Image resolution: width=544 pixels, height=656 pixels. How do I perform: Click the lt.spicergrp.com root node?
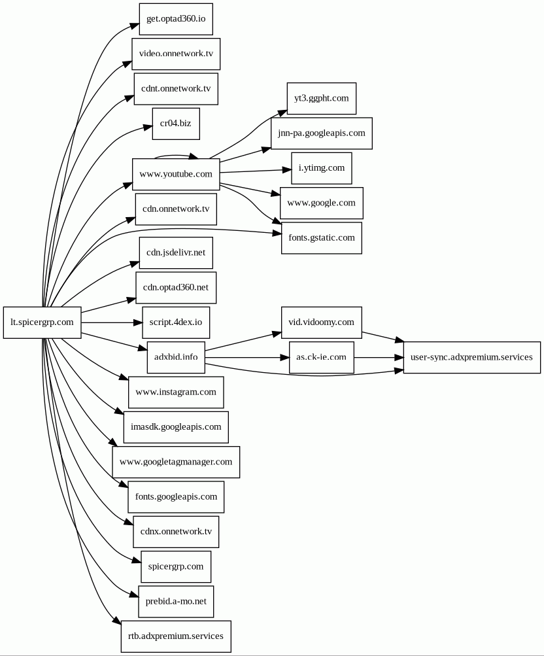point(42,322)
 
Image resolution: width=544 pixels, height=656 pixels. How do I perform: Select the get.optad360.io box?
point(176,19)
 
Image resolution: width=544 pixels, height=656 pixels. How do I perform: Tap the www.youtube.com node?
point(176,174)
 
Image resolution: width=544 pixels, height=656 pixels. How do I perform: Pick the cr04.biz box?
point(176,124)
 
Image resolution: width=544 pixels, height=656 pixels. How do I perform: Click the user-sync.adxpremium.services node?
point(471,357)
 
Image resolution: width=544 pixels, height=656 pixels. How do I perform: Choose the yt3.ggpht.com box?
point(322,98)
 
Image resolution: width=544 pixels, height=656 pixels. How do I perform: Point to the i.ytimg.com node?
point(322,168)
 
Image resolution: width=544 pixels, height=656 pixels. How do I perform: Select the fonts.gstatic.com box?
point(322,238)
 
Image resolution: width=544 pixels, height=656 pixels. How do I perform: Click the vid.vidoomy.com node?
point(322,322)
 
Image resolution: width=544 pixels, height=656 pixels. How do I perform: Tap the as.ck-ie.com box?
point(322,357)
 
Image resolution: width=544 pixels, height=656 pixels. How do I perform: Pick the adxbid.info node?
point(176,357)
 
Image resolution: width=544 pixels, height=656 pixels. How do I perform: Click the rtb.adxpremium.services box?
point(176,636)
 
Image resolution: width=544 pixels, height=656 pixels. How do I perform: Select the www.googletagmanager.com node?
point(176,462)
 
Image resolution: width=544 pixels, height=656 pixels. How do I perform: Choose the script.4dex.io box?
point(176,322)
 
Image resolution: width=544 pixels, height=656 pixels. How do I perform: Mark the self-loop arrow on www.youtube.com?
point(176,156)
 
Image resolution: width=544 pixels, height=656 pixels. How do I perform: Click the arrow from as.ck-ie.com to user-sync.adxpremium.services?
point(379,358)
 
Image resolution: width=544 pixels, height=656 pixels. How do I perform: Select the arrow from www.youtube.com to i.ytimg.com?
point(256,171)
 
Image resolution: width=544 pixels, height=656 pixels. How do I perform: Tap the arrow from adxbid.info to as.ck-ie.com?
point(247,358)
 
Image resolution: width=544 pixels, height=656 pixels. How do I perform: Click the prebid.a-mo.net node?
point(176,602)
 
